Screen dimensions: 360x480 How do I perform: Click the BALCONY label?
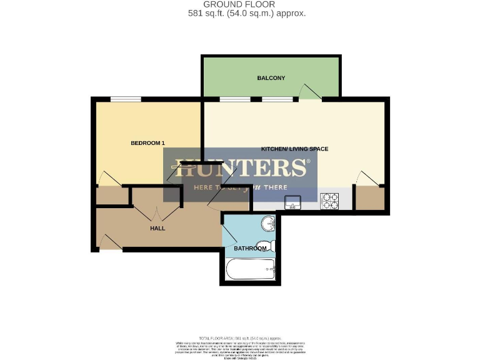point(271,78)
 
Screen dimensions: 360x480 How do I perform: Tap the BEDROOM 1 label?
point(147,143)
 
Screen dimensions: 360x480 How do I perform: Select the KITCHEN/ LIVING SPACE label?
point(294,149)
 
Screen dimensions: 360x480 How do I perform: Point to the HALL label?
point(157,229)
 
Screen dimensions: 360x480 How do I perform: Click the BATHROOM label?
point(250,248)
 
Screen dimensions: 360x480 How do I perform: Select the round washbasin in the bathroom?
point(267,223)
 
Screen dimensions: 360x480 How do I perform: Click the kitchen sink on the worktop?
point(292,202)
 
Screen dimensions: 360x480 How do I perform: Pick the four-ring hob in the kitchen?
point(329,201)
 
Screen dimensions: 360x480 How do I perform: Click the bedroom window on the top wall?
point(126,99)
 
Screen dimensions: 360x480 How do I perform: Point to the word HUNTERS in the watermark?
point(240,168)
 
